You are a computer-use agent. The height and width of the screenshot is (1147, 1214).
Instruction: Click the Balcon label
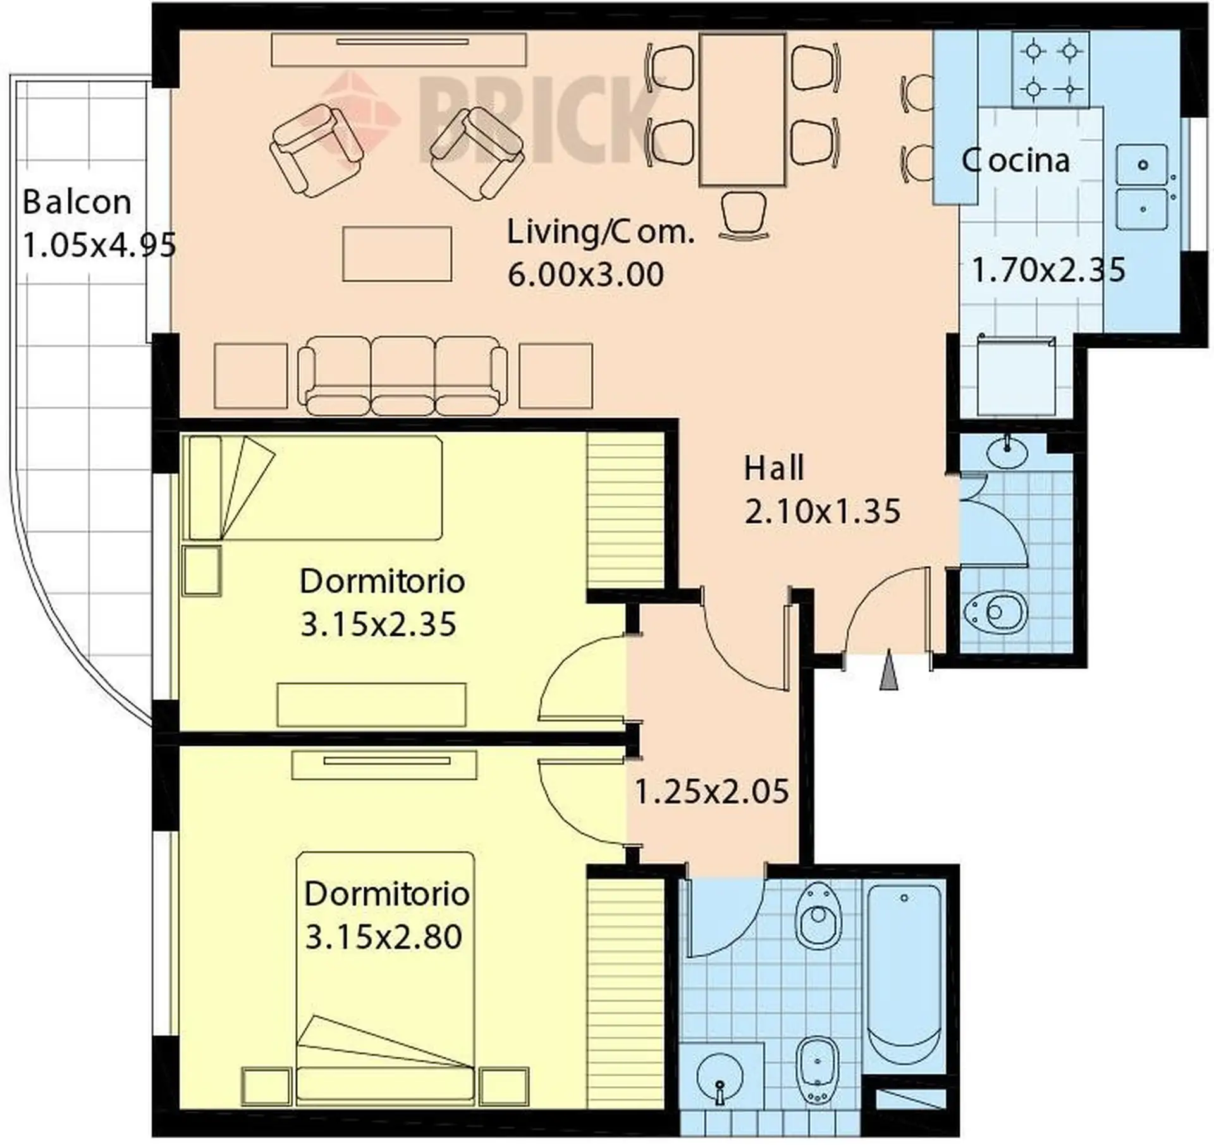pyautogui.click(x=77, y=202)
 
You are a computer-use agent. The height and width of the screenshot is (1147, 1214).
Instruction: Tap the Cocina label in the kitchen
pyautogui.click(x=1015, y=161)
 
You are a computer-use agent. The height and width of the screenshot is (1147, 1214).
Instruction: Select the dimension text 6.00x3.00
pyautogui.click(x=586, y=274)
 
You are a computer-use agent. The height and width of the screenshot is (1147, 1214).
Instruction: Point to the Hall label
pyautogui.click(x=774, y=468)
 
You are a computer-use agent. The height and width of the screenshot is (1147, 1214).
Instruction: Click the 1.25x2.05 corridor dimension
pyautogui.click(x=711, y=792)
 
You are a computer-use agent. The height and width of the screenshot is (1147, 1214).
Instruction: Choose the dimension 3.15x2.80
pyautogui.click(x=384, y=937)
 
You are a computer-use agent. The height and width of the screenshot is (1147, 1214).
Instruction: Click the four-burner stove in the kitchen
pyautogui.click(x=1050, y=70)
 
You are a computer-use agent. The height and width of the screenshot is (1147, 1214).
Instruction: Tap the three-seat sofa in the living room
pyautogui.click(x=403, y=375)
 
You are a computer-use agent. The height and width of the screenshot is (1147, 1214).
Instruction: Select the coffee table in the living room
pyautogui.click(x=397, y=254)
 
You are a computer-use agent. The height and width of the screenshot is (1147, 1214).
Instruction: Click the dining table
pyautogui.click(x=742, y=110)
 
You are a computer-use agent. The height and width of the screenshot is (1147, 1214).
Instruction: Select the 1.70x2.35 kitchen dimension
pyautogui.click(x=1048, y=270)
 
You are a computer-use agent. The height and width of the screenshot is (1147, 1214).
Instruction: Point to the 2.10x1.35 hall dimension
pyautogui.click(x=822, y=511)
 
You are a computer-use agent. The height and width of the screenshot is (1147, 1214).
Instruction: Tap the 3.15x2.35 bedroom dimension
pyautogui.click(x=378, y=624)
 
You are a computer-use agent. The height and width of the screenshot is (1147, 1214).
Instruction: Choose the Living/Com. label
pyautogui.click(x=601, y=233)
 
